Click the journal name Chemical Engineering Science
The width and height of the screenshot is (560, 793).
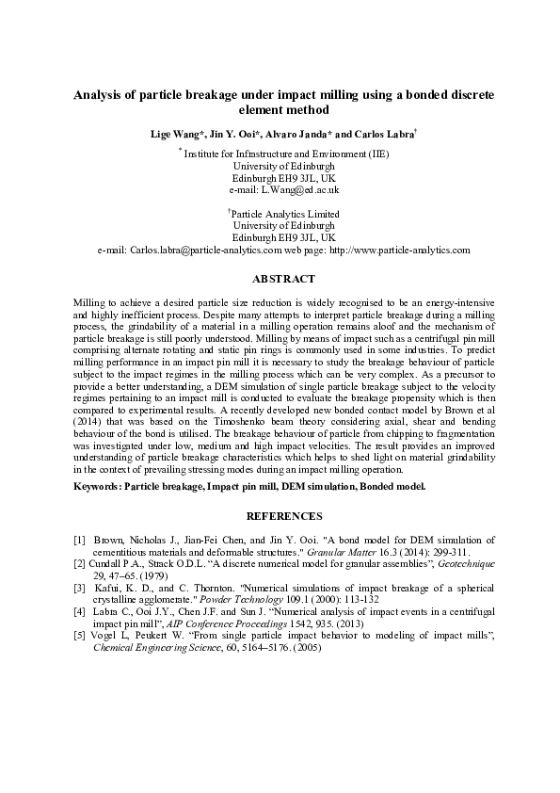(140, 623)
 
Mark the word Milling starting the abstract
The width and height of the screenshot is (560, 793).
(91, 302)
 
